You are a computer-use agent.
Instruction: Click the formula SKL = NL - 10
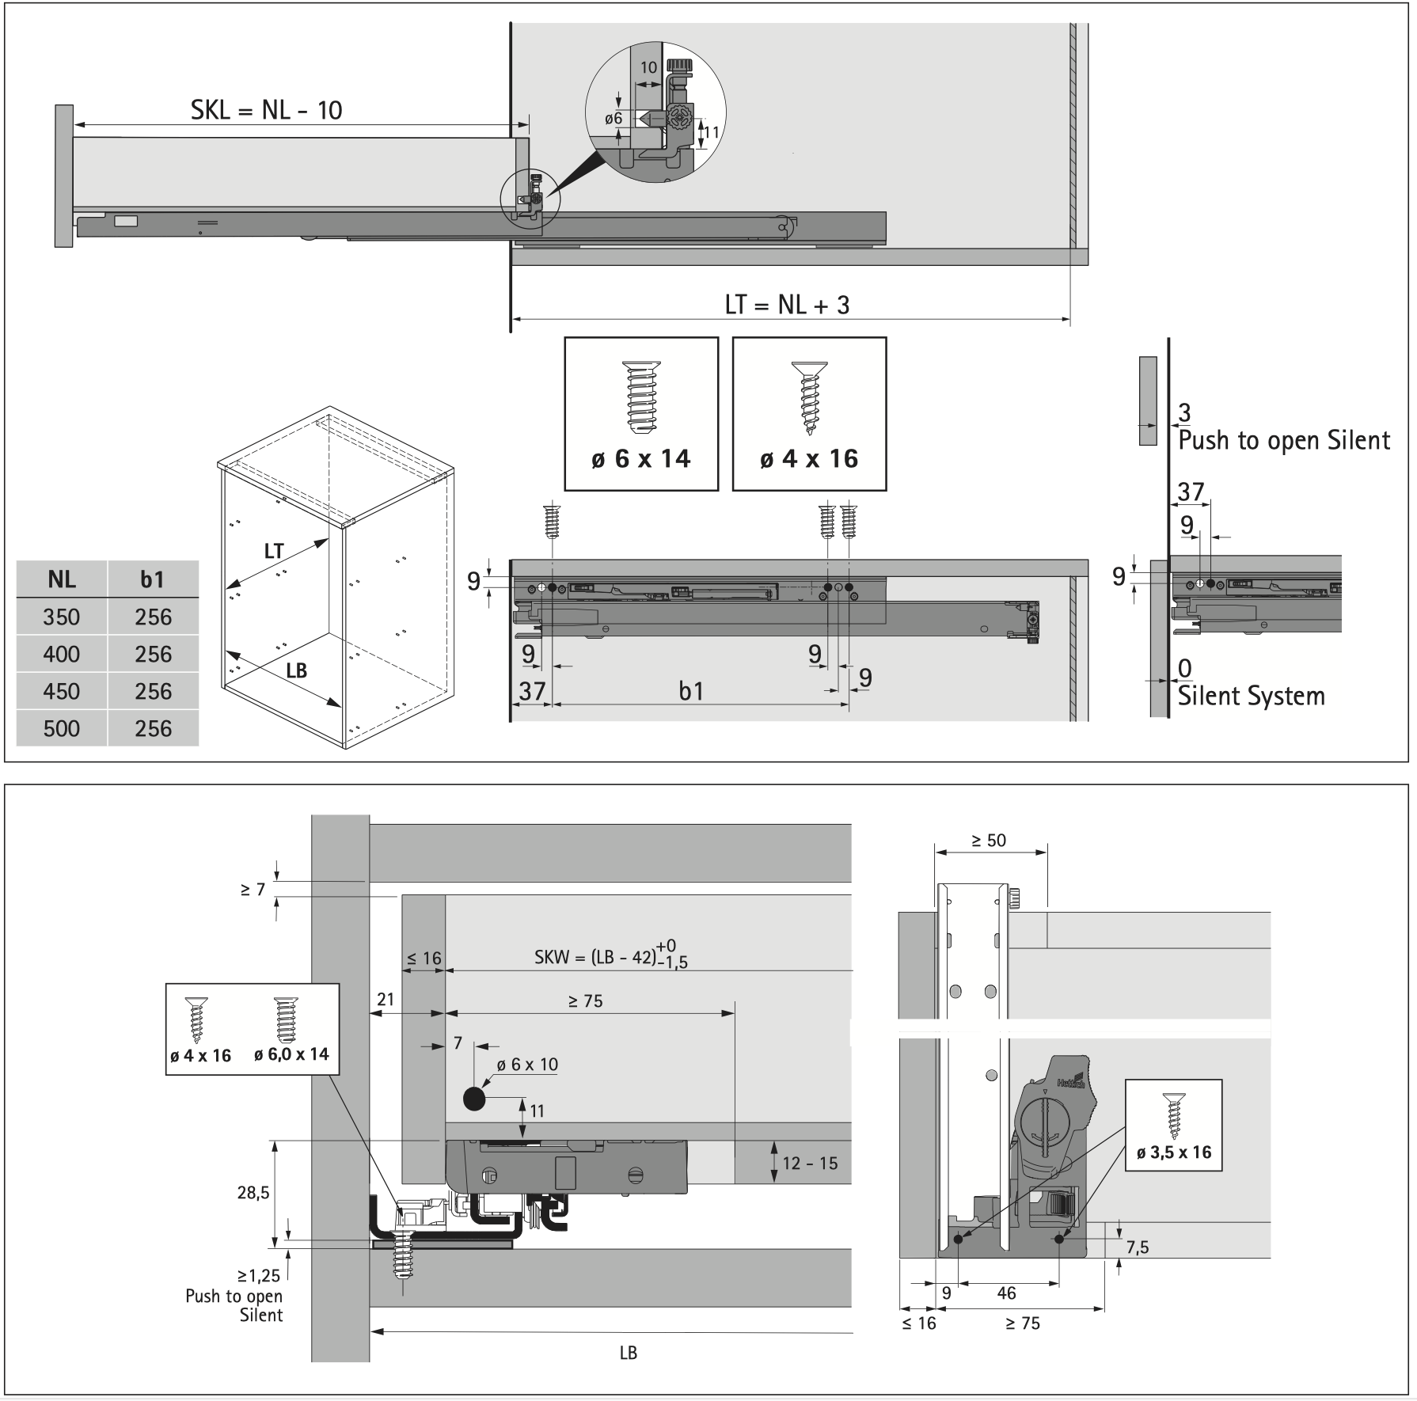pyautogui.click(x=266, y=110)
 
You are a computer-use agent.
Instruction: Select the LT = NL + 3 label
pyautogui.click(x=787, y=305)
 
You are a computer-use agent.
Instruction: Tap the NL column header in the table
pyautogui.click(x=62, y=579)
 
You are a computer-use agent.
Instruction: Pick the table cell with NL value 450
pyautogui.click(x=62, y=691)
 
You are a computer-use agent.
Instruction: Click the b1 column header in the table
pyautogui.click(x=152, y=579)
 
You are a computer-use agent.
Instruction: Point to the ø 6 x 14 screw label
pyautogui.click(x=640, y=459)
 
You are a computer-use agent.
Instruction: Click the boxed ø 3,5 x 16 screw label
pyautogui.click(x=1173, y=1152)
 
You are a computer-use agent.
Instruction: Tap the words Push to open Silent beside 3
pyautogui.click(x=1283, y=441)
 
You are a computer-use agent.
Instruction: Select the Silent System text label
pyautogui.click(x=1251, y=697)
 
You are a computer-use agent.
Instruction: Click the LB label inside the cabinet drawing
pyautogui.click(x=296, y=671)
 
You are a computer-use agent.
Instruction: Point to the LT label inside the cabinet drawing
pyautogui.click(x=274, y=551)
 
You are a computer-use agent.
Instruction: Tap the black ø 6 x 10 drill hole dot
pyautogui.click(x=473, y=1099)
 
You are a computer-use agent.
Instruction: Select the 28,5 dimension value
pyautogui.click(x=253, y=1192)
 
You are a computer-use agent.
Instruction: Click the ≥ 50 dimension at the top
pyautogui.click(x=989, y=841)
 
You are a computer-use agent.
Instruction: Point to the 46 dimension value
pyautogui.click(x=1006, y=1293)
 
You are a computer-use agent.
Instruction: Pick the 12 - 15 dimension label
pyautogui.click(x=809, y=1163)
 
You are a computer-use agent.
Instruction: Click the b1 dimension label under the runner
pyautogui.click(x=691, y=692)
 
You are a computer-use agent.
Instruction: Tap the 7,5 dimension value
pyautogui.click(x=1137, y=1247)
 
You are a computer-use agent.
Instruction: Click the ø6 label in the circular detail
pyautogui.click(x=614, y=119)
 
